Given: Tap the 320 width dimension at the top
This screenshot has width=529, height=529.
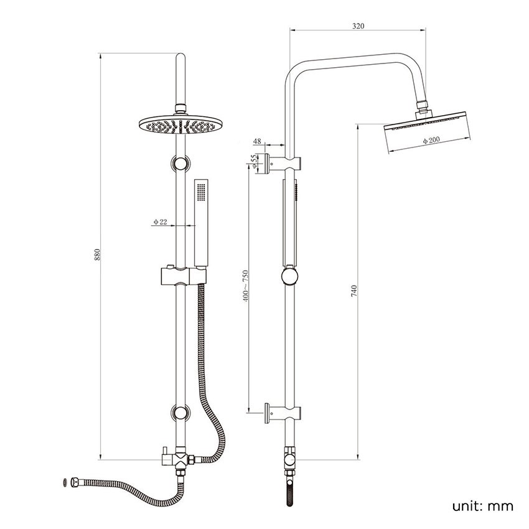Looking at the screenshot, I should click(x=357, y=26).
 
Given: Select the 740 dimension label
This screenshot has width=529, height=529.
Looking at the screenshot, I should click(x=353, y=291).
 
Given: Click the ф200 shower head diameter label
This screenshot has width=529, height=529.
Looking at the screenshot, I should click(x=431, y=141).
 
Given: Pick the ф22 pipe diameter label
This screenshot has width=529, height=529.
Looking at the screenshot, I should click(x=160, y=222).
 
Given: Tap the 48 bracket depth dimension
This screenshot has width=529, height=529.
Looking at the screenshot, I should click(x=258, y=142).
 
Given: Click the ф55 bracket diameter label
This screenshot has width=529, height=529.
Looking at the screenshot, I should click(x=254, y=162).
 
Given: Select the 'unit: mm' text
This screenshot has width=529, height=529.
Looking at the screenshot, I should click(x=483, y=505).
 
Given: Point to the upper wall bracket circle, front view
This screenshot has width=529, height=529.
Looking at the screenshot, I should click(x=181, y=164).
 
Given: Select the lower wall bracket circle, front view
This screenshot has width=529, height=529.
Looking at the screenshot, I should click(x=181, y=413).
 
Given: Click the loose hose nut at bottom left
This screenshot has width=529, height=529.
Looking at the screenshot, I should click(x=67, y=482).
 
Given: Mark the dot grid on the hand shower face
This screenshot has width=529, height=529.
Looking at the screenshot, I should click(x=200, y=191).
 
